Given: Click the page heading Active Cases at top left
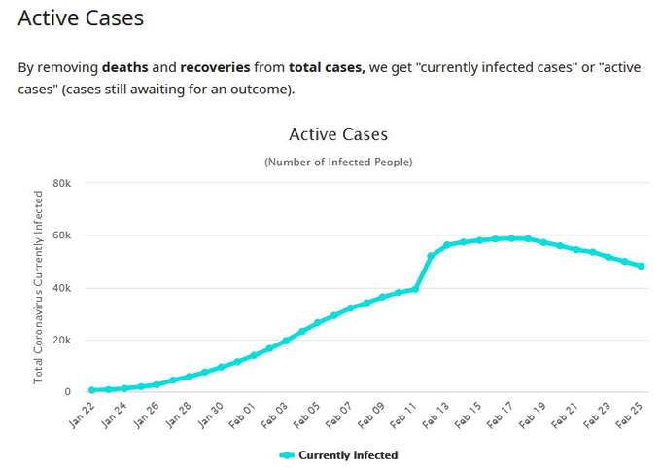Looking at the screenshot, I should click(81, 18).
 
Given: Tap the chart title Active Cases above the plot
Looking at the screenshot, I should click(338, 134).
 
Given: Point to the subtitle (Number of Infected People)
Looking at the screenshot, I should click(338, 161).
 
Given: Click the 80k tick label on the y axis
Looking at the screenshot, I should click(61, 183).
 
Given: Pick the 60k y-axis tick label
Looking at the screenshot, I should click(61, 235).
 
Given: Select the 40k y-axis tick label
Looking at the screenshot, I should click(61, 288).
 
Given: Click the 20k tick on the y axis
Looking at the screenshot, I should click(61, 340).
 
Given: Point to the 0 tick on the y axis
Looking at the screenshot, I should click(67, 392).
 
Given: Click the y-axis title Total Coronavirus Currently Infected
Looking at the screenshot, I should click(39, 287).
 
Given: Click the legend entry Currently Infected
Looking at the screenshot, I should click(347, 454).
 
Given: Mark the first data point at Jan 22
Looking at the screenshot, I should click(91, 390).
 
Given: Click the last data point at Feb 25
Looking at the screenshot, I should click(641, 266).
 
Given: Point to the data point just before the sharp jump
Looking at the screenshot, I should click(415, 289).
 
